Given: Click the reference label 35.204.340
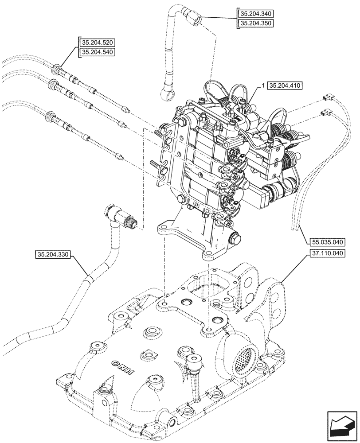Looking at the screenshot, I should point(255,14).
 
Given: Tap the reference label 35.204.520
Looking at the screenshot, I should point(97,43).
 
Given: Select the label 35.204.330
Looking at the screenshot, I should point(53,254).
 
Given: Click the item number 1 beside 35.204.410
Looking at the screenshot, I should point(263,85).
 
